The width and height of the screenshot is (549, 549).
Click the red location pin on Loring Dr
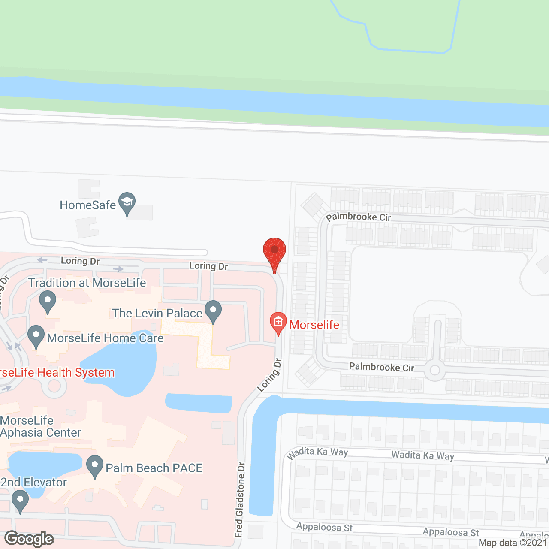click(x=274, y=253)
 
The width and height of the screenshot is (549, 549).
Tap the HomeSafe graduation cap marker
click(x=127, y=203)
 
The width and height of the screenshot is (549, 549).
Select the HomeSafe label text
click(x=87, y=205)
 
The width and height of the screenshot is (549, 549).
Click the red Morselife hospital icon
click(x=278, y=323)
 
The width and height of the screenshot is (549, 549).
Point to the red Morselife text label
click(x=314, y=325)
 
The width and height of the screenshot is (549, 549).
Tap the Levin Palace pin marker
click(x=213, y=311)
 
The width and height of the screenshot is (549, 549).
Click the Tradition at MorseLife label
click(x=87, y=283)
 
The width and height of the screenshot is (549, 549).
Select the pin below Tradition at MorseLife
click(x=48, y=301)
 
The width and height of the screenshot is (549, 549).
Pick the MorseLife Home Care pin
click(x=36, y=336)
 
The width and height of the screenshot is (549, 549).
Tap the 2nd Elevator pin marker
click(x=20, y=501)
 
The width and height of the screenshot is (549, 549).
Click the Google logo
click(x=29, y=539)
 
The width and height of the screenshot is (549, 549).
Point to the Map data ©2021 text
click(x=513, y=543)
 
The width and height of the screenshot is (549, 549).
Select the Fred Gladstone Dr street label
click(x=240, y=500)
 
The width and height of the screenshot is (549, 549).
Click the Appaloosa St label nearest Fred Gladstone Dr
click(x=324, y=527)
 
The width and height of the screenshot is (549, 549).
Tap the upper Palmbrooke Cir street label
click(x=359, y=217)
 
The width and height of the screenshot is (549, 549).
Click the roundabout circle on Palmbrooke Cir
click(x=435, y=370)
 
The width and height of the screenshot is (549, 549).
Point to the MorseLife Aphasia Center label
click(x=40, y=427)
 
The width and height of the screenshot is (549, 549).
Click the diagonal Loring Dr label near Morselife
click(x=270, y=375)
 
